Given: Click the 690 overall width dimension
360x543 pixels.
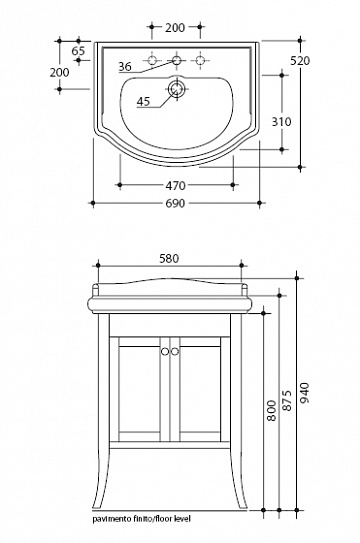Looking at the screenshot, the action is click(x=175, y=203).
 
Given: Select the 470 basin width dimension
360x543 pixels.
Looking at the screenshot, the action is click(x=176, y=186).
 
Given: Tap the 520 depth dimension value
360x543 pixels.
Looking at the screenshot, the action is click(x=300, y=61).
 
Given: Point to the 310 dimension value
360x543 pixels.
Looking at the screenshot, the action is click(x=281, y=122).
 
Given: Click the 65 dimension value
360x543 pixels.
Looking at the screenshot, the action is click(x=78, y=51).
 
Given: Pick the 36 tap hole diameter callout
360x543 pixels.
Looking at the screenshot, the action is click(x=125, y=66).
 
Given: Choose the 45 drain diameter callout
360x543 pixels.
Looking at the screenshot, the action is click(x=143, y=101).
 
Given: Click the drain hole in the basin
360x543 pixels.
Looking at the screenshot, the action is click(x=176, y=88).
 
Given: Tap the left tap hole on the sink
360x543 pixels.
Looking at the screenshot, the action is click(x=152, y=60).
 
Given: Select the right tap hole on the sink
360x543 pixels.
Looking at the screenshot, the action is click(x=200, y=60).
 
